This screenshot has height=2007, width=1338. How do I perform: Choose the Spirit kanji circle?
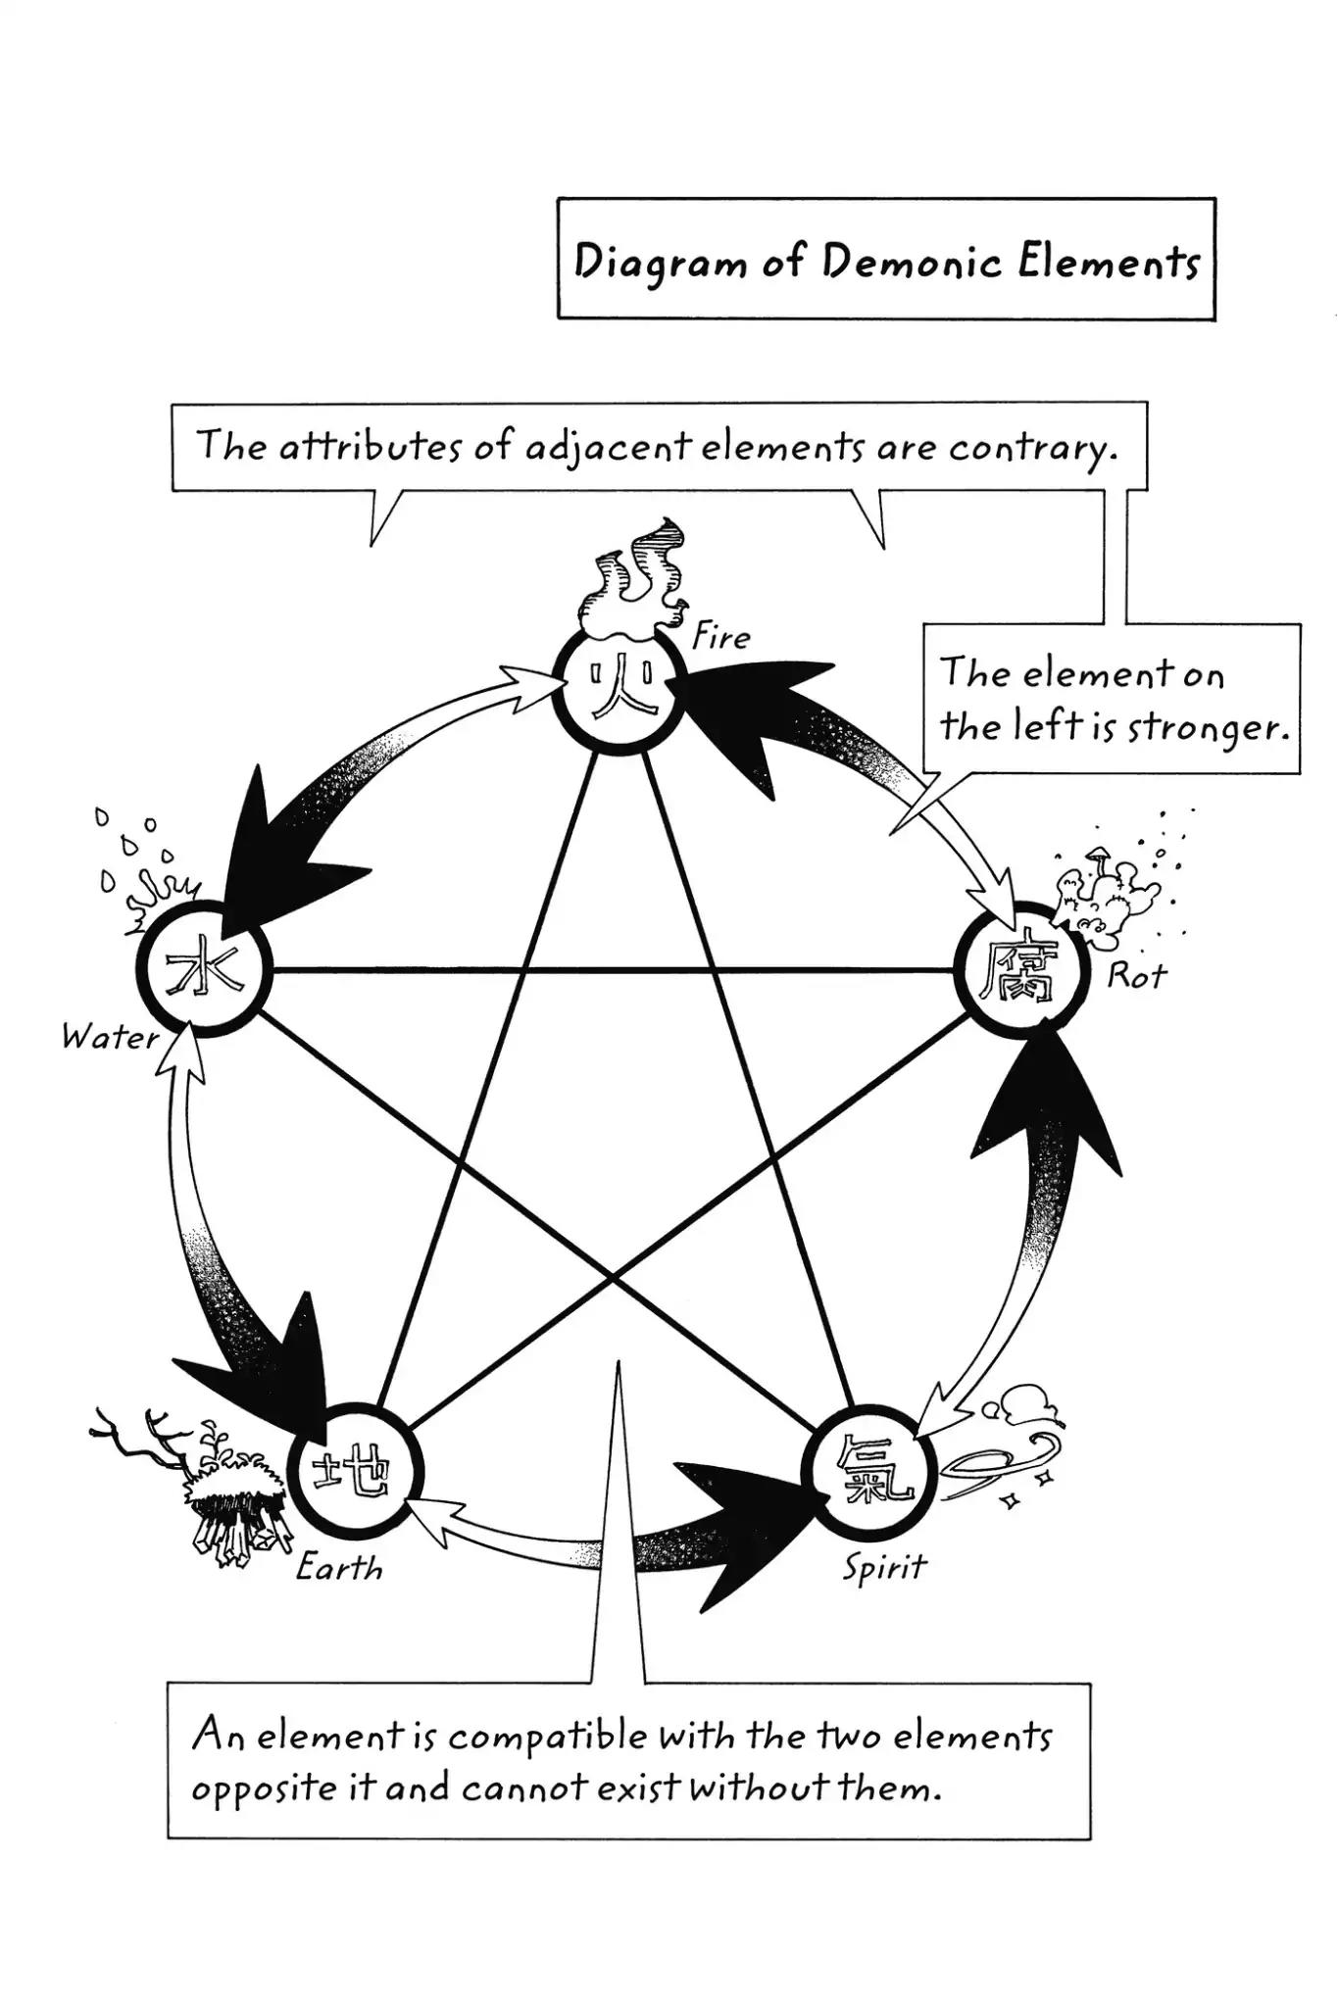click(867, 1474)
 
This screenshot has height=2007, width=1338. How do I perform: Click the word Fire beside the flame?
click(720, 638)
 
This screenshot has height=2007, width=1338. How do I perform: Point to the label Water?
click(110, 1037)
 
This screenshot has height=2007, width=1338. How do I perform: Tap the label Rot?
click(1137, 975)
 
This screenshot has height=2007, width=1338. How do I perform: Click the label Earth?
click(339, 1569)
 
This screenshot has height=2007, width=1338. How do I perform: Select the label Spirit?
click(884, 1567)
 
